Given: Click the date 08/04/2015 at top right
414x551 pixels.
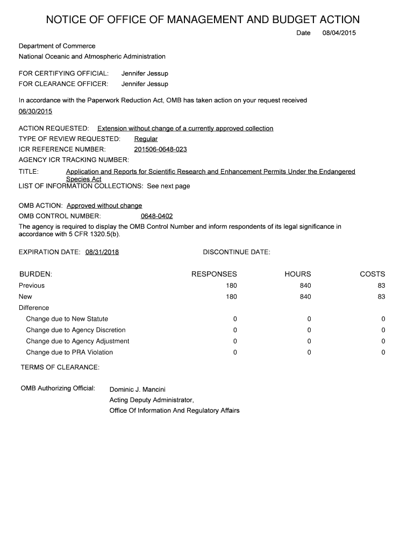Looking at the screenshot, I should (x=339, y=33).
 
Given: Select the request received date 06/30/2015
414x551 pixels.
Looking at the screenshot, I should (x=35, y=111).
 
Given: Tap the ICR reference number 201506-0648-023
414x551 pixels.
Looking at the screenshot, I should (x=160, y=149).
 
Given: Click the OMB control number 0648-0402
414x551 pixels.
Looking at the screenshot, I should (x=156, y=216).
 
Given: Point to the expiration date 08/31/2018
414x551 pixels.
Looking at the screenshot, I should (x=102, y=252).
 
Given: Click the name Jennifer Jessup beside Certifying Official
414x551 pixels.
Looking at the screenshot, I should (x=145, y=73).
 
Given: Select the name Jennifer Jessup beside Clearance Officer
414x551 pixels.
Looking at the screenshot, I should (x=145, y=84).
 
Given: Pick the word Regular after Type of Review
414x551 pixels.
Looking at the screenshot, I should (x=146, y=139).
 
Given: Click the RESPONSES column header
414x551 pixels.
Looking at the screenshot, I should (x=214, y=274).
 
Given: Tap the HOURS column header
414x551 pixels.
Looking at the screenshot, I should (x=298, y=274).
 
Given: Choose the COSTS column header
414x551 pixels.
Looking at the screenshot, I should (x=373, y=274).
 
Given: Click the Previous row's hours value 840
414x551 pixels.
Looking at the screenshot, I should (x=305, y=286).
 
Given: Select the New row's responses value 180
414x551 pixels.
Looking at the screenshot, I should (x=231, y=296).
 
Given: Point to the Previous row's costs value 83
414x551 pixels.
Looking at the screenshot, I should (x=381, y=286).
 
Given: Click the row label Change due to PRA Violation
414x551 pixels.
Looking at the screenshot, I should (x=69, y=352).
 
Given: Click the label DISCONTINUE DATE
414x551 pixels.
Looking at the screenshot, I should (x=237, y=252).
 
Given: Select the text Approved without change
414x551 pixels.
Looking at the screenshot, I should (x=104, y=206).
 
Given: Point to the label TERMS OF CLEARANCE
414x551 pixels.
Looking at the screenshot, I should (x=60, y=367).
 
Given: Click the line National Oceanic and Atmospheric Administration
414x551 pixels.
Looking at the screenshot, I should (x=92, y=56).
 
